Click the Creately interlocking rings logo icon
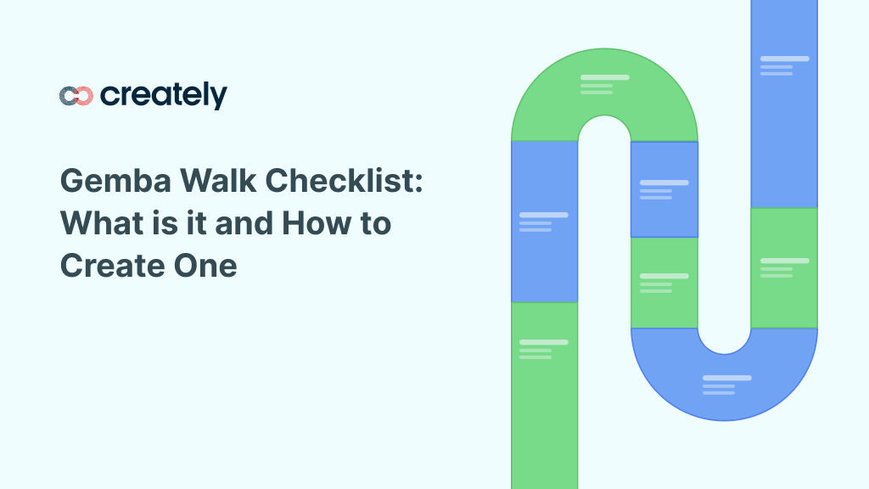(x=76, y=96)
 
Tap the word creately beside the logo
(x=163, y=95)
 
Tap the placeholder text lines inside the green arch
(x=604, y=84)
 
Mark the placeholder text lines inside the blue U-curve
(x=726, y=385)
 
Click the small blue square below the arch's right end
(x=664, y=189)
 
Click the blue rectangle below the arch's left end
(x=544, y=221)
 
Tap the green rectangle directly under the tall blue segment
(x=783, y=267)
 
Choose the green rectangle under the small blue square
(x=664, y=282)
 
